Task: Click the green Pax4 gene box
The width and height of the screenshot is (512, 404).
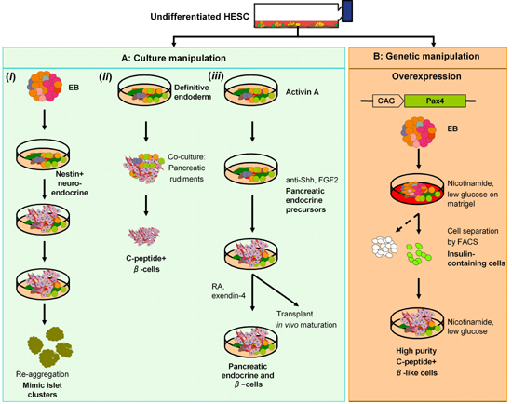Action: [x=435, y=101]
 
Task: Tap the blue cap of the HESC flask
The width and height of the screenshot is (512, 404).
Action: [x=347, y=11]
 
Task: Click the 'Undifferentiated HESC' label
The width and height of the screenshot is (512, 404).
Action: [x=199, y=17]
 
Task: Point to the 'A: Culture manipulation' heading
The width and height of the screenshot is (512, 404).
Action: [x=174, y=58]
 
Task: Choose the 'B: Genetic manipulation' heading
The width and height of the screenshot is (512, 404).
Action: [x=426, y=56]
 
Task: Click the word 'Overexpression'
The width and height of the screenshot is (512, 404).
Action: [x=426, y=76]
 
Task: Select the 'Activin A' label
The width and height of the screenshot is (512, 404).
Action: [x=302, y=92]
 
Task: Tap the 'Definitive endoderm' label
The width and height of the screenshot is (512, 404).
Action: [x=193, y=92]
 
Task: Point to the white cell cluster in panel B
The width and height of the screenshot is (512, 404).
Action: [x=384, y=247]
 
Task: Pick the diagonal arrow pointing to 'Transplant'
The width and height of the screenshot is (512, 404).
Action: [x=276, y=290]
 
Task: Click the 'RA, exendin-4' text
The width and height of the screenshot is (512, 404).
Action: [x=228, y=291]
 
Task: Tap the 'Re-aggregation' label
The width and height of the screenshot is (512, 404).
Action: [x=43, y=374]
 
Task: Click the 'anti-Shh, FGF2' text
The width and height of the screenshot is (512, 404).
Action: [x=312, y=180]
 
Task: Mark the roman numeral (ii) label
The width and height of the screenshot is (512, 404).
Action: [x=105, y=76]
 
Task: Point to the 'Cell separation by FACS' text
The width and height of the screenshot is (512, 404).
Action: [x=473, y=236]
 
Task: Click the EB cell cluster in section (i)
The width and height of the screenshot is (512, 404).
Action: [x=45, y=87]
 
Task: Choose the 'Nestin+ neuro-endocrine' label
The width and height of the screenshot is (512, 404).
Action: [x=70, y=183]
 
